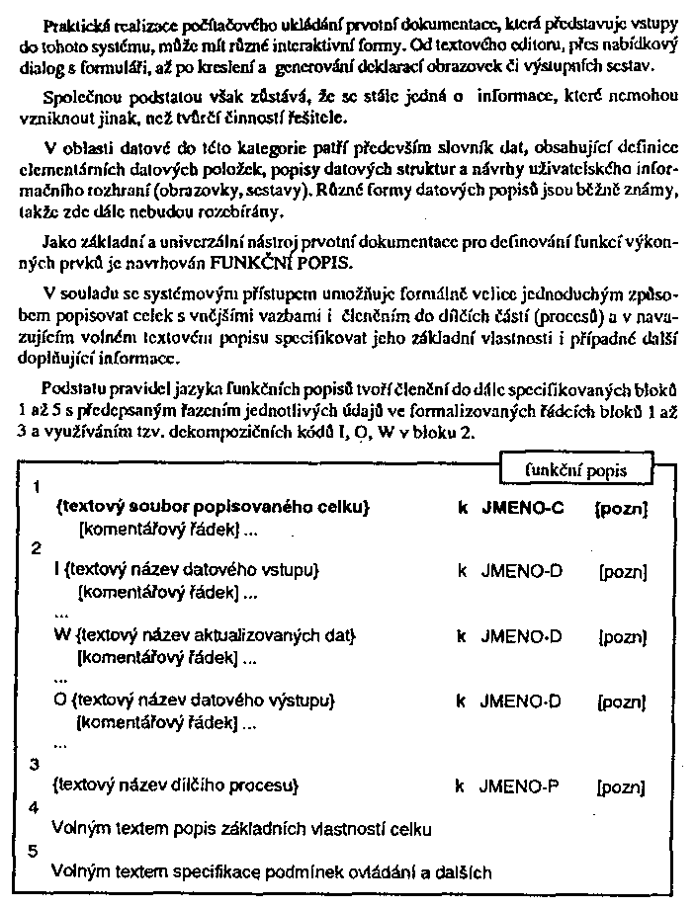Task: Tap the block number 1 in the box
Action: tap(37, 488)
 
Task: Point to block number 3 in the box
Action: tap(36, 765)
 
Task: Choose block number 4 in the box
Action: tap(36, 807)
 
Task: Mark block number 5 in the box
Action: tap(36, 850)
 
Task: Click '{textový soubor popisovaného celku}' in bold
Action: tap(214, 508)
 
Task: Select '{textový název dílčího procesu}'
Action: tap(174, 787)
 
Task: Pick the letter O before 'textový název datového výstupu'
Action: tap(58, 701)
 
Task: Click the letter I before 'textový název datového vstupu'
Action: tap(56, 571)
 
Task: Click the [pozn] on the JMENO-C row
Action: tap(621, 509)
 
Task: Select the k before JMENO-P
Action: tap(460, 787)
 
